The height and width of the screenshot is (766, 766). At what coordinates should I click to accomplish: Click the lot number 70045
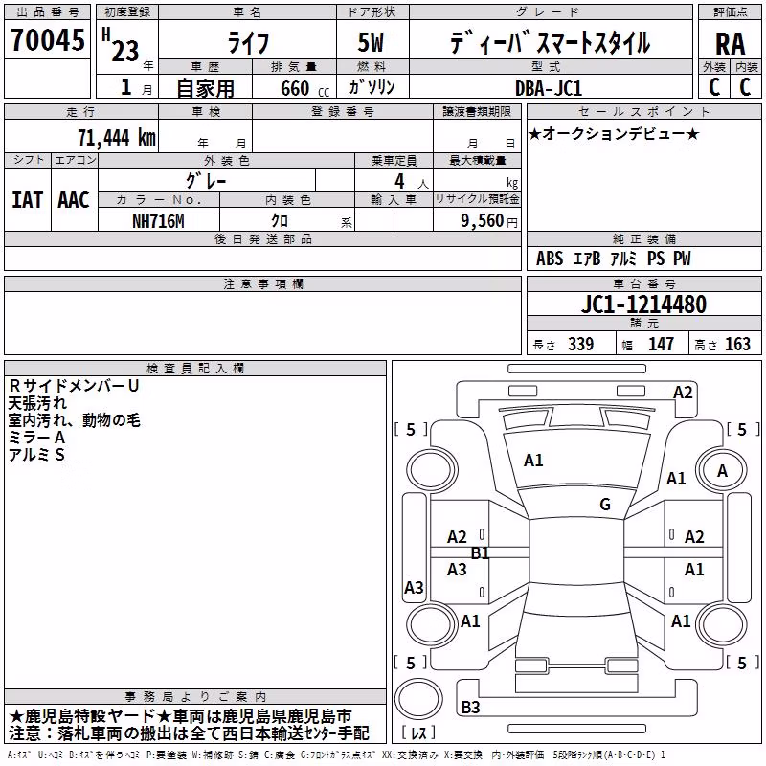(x=47, y=39)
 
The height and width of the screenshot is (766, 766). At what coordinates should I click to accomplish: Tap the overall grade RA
(x=730, y=44)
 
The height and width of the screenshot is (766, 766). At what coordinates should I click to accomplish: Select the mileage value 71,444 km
(x=117, y=137)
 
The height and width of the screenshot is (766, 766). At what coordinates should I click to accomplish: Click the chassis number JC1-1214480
(x=643, y=304)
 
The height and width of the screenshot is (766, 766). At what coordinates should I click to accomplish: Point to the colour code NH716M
(x=158, y=221)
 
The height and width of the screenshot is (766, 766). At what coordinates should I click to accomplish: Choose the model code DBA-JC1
(x=549, y=88)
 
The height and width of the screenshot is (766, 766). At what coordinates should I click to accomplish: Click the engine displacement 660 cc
(x=304, y=88)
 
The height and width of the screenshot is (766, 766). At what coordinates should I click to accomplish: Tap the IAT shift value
(x=27, y=200)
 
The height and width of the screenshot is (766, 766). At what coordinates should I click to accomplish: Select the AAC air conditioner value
(x=74, y=200)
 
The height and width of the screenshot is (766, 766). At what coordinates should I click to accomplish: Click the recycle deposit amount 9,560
(x=483, y=221)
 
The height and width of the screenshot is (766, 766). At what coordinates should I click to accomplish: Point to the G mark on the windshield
(x=605, y=505)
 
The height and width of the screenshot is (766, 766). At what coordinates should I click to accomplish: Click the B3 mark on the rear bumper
(x=470, y=707)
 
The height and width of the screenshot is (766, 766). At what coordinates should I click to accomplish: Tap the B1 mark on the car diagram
(x=480, y=553)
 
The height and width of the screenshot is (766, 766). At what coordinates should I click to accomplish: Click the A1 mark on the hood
(x=533, y=461)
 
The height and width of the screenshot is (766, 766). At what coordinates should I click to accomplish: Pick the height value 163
(x=737, y=344)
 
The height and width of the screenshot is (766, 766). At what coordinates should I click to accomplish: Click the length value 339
(x=581, y=344)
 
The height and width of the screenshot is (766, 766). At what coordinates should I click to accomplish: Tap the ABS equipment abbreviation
(x=550, y=259)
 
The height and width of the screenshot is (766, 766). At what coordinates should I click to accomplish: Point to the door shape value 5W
(x=371, y=42)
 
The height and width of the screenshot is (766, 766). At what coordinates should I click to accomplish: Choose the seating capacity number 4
(x=399, y=181)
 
